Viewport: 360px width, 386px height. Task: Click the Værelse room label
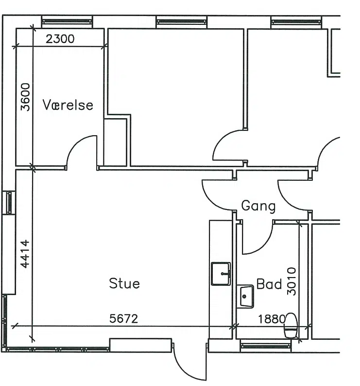coord(68,105)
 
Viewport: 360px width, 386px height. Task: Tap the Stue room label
coord(124,283)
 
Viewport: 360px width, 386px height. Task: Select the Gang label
coord(258,206)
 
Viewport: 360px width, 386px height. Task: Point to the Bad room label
coord(269,284)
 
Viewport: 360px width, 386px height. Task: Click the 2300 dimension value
coord(60,39)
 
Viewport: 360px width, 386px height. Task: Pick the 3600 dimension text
coord(25,97)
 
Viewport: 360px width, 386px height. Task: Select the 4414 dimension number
coord(25,254)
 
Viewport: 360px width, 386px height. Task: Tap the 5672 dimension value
coord(123,318)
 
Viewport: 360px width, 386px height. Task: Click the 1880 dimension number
coord(272,319)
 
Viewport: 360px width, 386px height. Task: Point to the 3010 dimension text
coord(291,281)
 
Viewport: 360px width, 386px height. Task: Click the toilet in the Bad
coord(291,325)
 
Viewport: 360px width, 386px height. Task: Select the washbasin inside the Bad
coord(245,297)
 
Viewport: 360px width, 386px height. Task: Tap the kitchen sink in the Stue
coord(221,274)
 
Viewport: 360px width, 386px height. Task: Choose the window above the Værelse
coord(67,22)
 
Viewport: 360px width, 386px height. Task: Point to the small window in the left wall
coord(9,203)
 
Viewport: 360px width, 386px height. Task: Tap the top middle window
coord(182,22)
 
